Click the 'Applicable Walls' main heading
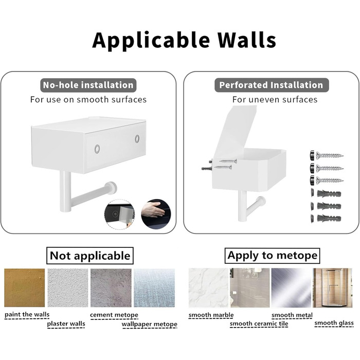pyautogui.click(x=184, y=41)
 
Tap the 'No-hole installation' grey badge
pyautogui.click(x=88, y=85)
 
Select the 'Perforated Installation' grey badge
pyautogui.click(x=272, y=85)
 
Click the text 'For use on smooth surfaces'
pyautogui.click(x=88, y=100)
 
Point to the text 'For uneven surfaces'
pyautogui.click(x=275, y=100)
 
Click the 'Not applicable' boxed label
pyautogui.click(x=90, y=256)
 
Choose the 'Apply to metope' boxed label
pyautogui.click(x=272, y=256)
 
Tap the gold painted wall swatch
pyautogui.click(x=25, y=288)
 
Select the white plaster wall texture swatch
pyautogui.click(x=68, y=288)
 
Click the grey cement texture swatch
pyautogui.click(x=111, y=288)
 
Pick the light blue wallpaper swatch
pyautogui.click(x=154, y=288)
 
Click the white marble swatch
pyautogui.click(x=209, y=288)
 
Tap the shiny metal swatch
pyautogui.click(x=291, y=288)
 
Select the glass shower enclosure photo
pyautogui.click(x=332, y=288)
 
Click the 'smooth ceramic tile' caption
pyautogui.click(x=259, y=323)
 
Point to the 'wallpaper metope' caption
pyautogui.click(x=150, y=324)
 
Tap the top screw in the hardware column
pyautogui.click(x=327, y=156)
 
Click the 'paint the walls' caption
pyautogui.click(x=27, y=315)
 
